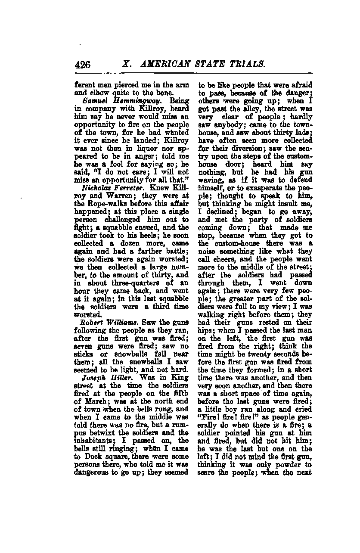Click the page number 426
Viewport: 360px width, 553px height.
click(x=83, y=65)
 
